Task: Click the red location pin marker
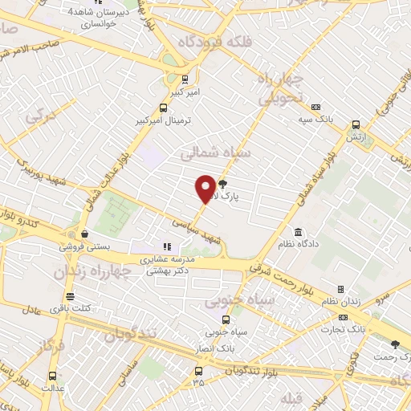pyautogui.click(x=205, y=188)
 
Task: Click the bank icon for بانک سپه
pyautogui.click(x=316, y=107)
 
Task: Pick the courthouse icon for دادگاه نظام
pyautogui.click(x=299, y=233)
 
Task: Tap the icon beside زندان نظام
pyautogui.click(x=340, y=289)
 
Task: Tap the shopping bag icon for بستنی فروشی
pyautogui.click(x=63, y=247)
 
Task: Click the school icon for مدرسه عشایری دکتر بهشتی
pyautogui.click(x=168, y=247)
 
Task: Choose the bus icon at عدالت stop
pyautogui.click(x=53, y=376)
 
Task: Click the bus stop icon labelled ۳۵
pyautogui.click(x=198, y=371)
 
